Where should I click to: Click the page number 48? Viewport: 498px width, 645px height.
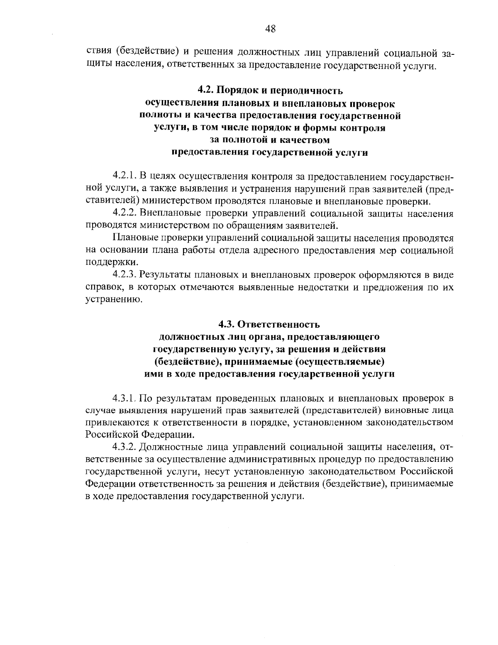click(270, 29)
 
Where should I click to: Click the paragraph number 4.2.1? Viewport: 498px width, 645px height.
click(124, 177)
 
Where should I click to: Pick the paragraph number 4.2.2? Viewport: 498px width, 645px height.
click(124, 214)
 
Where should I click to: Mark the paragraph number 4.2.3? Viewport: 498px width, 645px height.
click(124, 275)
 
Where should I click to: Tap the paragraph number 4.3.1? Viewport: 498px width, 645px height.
click(124, 398)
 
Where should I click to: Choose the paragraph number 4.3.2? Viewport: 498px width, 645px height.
click(124, 447)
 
